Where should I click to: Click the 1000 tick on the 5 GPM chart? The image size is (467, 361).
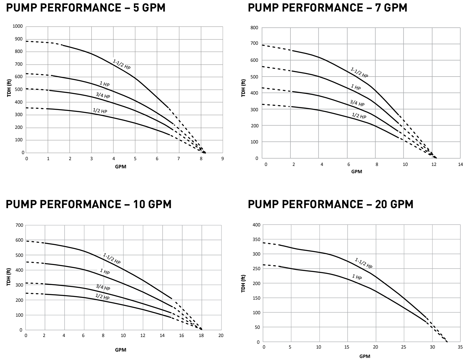coord(18,26)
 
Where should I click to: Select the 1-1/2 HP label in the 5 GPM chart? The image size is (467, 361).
coord(122,64)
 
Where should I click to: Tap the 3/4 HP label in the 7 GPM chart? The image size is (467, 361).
coord(357,103)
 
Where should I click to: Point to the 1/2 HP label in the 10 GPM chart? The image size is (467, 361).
coord(102,297)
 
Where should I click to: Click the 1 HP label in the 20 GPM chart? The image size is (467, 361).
coord(357,277)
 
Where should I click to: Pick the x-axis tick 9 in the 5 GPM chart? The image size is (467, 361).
coord(222,159)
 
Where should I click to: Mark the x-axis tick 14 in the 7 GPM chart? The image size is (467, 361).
coord(460,164)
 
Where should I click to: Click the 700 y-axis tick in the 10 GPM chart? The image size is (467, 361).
coord(19,225)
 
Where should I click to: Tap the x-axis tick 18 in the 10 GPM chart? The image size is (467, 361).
coord(201,336)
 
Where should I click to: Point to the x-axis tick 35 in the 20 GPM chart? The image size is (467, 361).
coord(460,347)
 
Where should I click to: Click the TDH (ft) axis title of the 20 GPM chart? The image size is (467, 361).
coord(243,284)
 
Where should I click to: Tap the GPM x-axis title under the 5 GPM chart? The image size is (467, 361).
coord(121,167)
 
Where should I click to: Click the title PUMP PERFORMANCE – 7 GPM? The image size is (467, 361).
coord(327,8)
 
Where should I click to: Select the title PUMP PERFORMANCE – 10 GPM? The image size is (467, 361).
coord(88,204)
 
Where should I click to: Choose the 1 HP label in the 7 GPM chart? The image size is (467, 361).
coord(356,88)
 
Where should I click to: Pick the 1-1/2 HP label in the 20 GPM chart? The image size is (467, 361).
coord(363,263)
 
